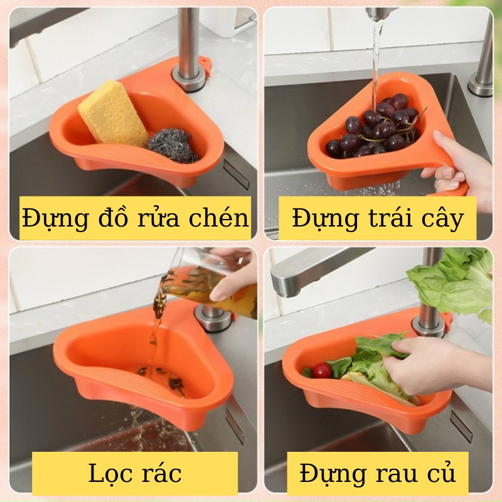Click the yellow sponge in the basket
pyautogui.click(x=114, y=114)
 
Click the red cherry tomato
pyautogui.click(x=321, y=370)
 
